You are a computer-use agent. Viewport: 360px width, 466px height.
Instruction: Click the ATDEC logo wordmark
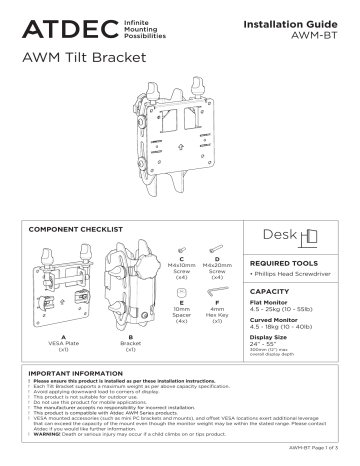tap(49, 26)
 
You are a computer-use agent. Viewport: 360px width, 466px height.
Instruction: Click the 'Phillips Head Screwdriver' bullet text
tap(290, 275)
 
